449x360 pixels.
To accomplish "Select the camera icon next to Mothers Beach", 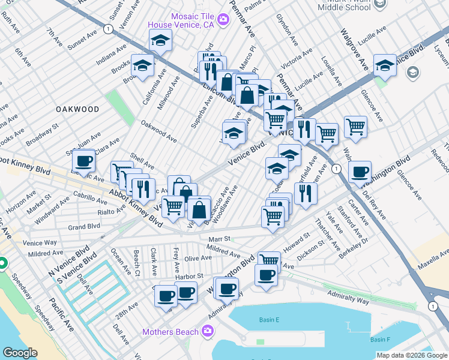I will [x=208, y=331].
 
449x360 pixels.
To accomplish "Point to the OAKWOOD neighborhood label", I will [x=77, y=109].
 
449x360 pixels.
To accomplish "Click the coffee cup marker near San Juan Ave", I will [x=84, y=160].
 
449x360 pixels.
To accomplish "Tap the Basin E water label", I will [x=270, y=320].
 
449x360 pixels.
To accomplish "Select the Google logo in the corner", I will [x=20, y=353].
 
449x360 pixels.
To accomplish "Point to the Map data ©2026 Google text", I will [x=411, y=355].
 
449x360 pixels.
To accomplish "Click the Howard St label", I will [x=296, y=242].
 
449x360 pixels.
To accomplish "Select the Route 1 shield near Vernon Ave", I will [x=107, y=28].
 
